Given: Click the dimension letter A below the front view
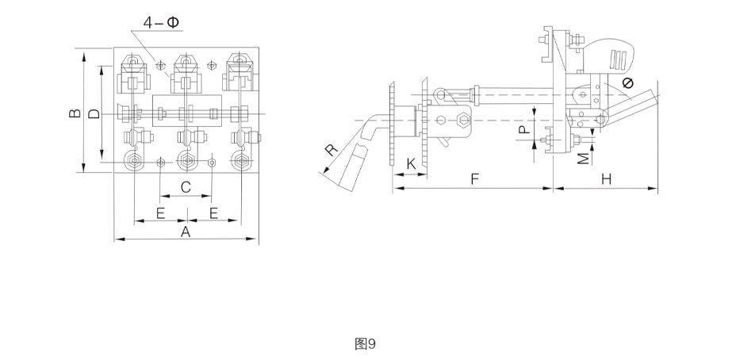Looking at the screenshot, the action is coord(186,232).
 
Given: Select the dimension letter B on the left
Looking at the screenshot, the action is coord(75,113).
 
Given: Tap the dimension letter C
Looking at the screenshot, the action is coord(186,187).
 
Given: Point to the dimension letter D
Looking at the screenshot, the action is coord(94,113).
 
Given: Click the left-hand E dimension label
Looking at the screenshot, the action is coord(160,213).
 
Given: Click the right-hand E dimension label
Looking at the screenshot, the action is coord(213,213).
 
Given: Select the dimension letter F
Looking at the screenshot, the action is coord(474,179).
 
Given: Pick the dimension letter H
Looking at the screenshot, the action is coord(607,179).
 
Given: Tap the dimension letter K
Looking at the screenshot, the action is coord(411,164).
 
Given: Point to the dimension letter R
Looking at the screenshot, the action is coord(332,150).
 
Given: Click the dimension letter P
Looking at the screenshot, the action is coord(525,129).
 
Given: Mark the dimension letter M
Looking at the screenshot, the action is coord(583,159).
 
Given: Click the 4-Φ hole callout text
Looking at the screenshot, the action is coord(161,22).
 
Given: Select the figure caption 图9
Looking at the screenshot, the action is coord(365,344).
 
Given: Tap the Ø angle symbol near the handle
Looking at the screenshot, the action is coord(627,83).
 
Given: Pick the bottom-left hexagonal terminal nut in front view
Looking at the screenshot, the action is coord(135,161).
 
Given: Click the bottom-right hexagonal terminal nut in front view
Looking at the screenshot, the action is coord(241,161).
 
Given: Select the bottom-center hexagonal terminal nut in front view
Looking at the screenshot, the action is coord(187,161).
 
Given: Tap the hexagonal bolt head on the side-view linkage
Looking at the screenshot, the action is coord(462,121).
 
